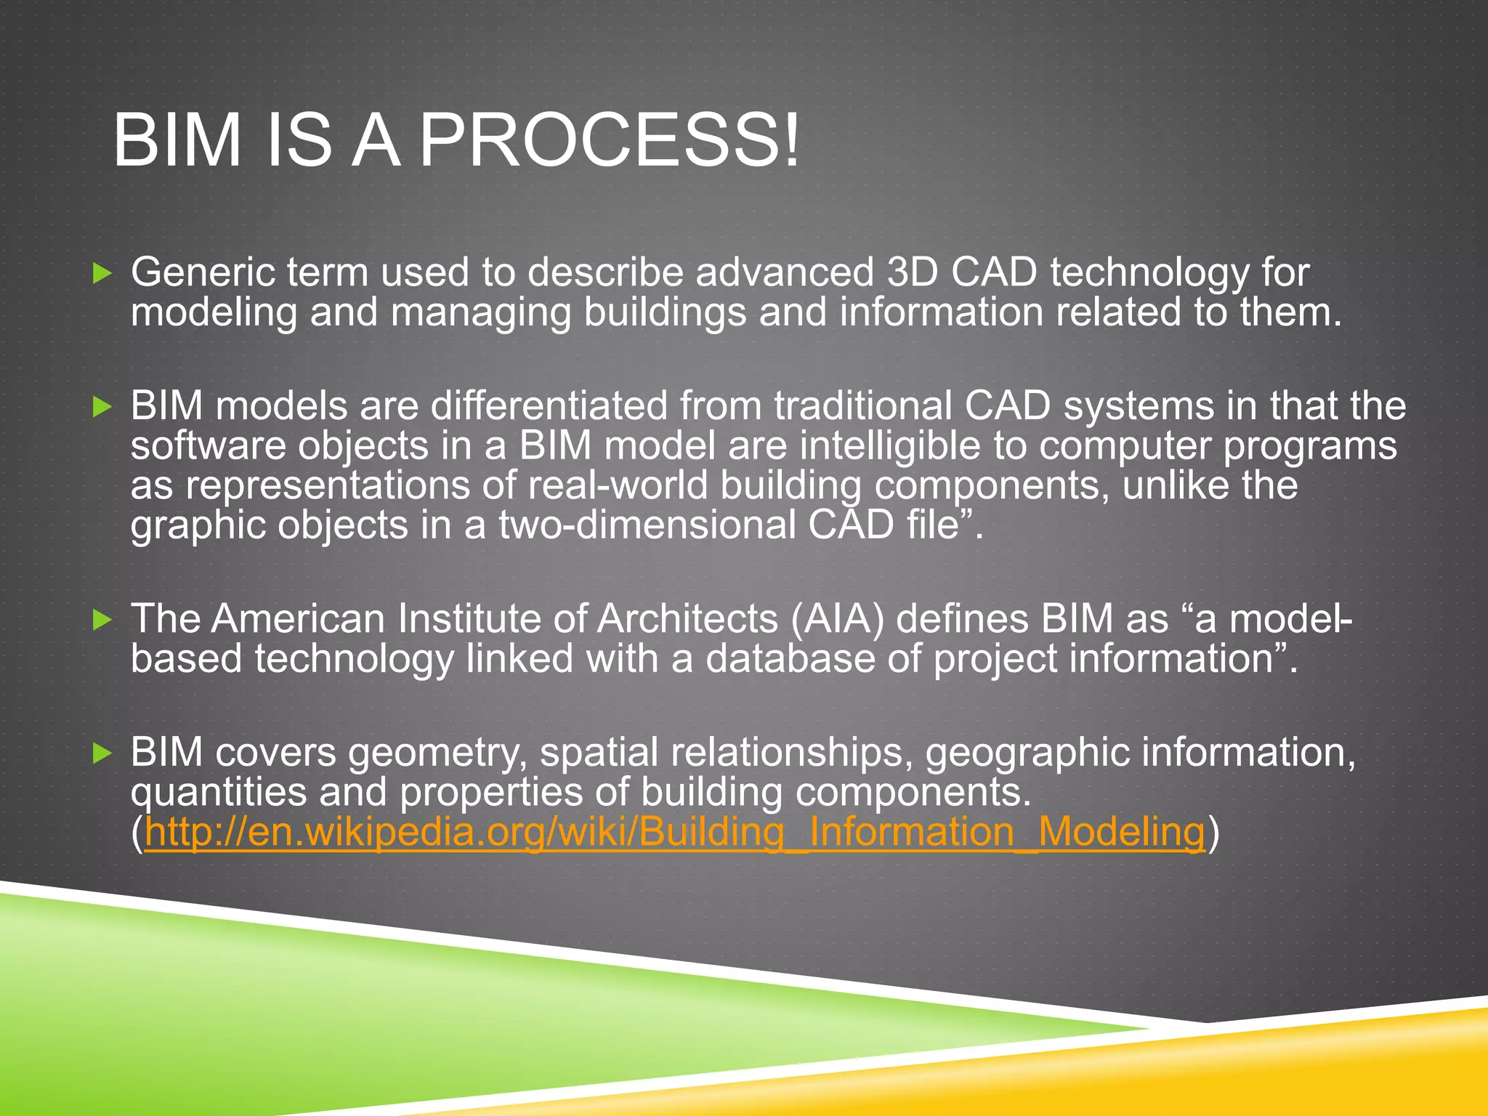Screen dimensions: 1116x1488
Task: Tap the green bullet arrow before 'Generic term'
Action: [103, 274]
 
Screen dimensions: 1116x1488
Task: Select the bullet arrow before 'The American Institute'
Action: [103, 620]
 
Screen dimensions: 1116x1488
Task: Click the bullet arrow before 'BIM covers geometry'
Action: [103, 753]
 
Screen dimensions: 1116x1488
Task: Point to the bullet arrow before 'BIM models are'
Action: [103, 407]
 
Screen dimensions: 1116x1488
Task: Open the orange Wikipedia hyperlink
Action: [674, 831]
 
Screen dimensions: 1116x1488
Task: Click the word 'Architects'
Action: [688, 619]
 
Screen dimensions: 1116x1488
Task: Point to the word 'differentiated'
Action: [549, 405]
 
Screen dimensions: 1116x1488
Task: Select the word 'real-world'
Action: [618, 485]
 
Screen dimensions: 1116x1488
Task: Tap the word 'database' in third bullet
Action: [790, 658]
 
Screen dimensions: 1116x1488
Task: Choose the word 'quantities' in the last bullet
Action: [218, 792]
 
